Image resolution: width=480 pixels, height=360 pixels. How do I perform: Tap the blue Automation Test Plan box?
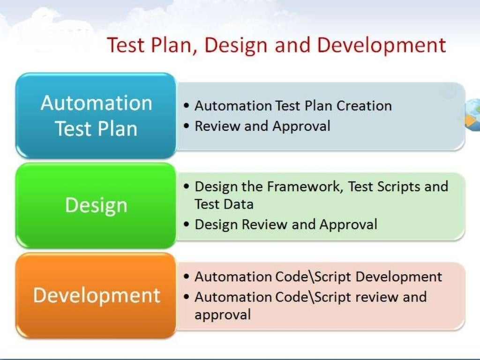coord(96,115)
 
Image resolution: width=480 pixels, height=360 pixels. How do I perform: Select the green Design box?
coord(96,205)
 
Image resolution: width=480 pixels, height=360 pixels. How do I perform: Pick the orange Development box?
coord(96,295)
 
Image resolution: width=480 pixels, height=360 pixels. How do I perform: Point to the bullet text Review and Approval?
coord(262,126)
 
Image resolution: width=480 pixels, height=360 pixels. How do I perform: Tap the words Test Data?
coord(224,204)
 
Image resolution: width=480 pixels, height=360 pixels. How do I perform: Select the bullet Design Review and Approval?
coord(286,225)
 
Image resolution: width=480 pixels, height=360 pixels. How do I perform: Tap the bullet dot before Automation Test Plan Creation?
coord(187,106)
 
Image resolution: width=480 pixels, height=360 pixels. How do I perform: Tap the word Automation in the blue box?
coord(96,103)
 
